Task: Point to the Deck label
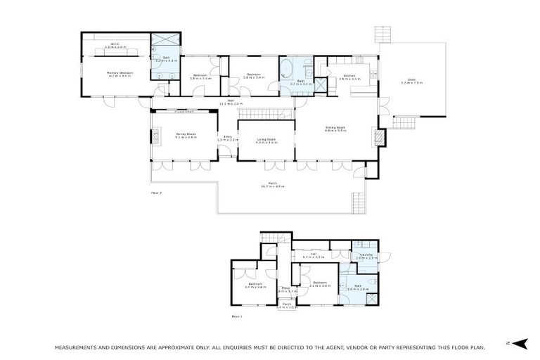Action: (x=411, y=79)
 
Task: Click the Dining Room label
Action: (x=335, y=127)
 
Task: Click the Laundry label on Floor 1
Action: (x=365, y=255)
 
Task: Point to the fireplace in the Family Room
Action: (x=155, y=136)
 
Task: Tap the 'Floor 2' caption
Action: (x=156, y=191)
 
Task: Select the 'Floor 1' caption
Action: (x=237, y=316)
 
